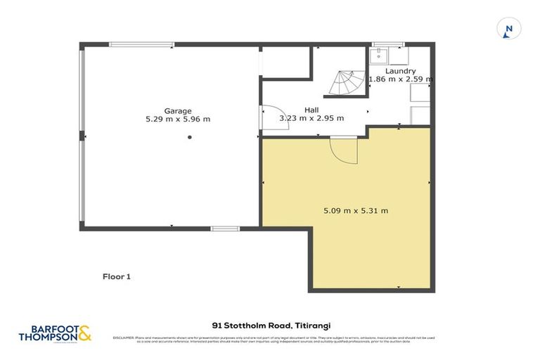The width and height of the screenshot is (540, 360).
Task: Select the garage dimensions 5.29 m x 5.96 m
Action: tap(173, 120)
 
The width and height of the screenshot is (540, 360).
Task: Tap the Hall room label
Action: tap(311, 110)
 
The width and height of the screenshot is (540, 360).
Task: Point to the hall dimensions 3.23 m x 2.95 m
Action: tap(311, 118)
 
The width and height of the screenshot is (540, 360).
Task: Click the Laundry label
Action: tap(400, 71)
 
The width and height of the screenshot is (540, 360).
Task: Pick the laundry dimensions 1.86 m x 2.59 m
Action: tap(400, 79)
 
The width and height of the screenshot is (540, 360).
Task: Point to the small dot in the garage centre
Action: tap(189, 138)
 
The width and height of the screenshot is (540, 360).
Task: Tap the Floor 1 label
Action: tap(117, 277)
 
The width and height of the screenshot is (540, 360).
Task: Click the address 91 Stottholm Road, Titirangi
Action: tap(271, 326)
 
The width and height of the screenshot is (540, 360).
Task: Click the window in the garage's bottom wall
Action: tap(225, 229)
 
